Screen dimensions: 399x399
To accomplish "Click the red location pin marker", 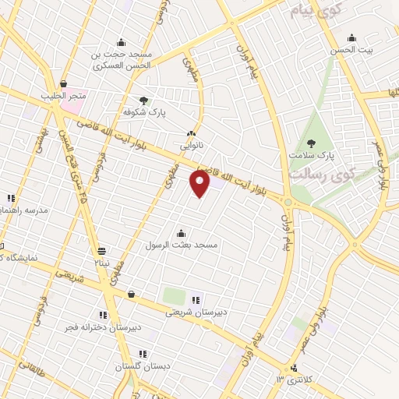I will coord(200,184).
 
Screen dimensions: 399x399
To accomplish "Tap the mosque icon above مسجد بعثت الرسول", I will coord(182,232).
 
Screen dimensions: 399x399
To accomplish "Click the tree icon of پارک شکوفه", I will coord(143,100).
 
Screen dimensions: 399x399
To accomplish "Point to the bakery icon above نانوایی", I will coord(192,134).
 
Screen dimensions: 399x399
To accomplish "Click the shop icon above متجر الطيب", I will coord(62,84).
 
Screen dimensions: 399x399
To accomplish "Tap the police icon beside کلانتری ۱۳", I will coord(294,368).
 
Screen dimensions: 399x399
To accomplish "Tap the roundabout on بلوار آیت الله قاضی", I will coord(288,203).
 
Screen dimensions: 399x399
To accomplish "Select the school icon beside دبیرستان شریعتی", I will coord(195,299).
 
